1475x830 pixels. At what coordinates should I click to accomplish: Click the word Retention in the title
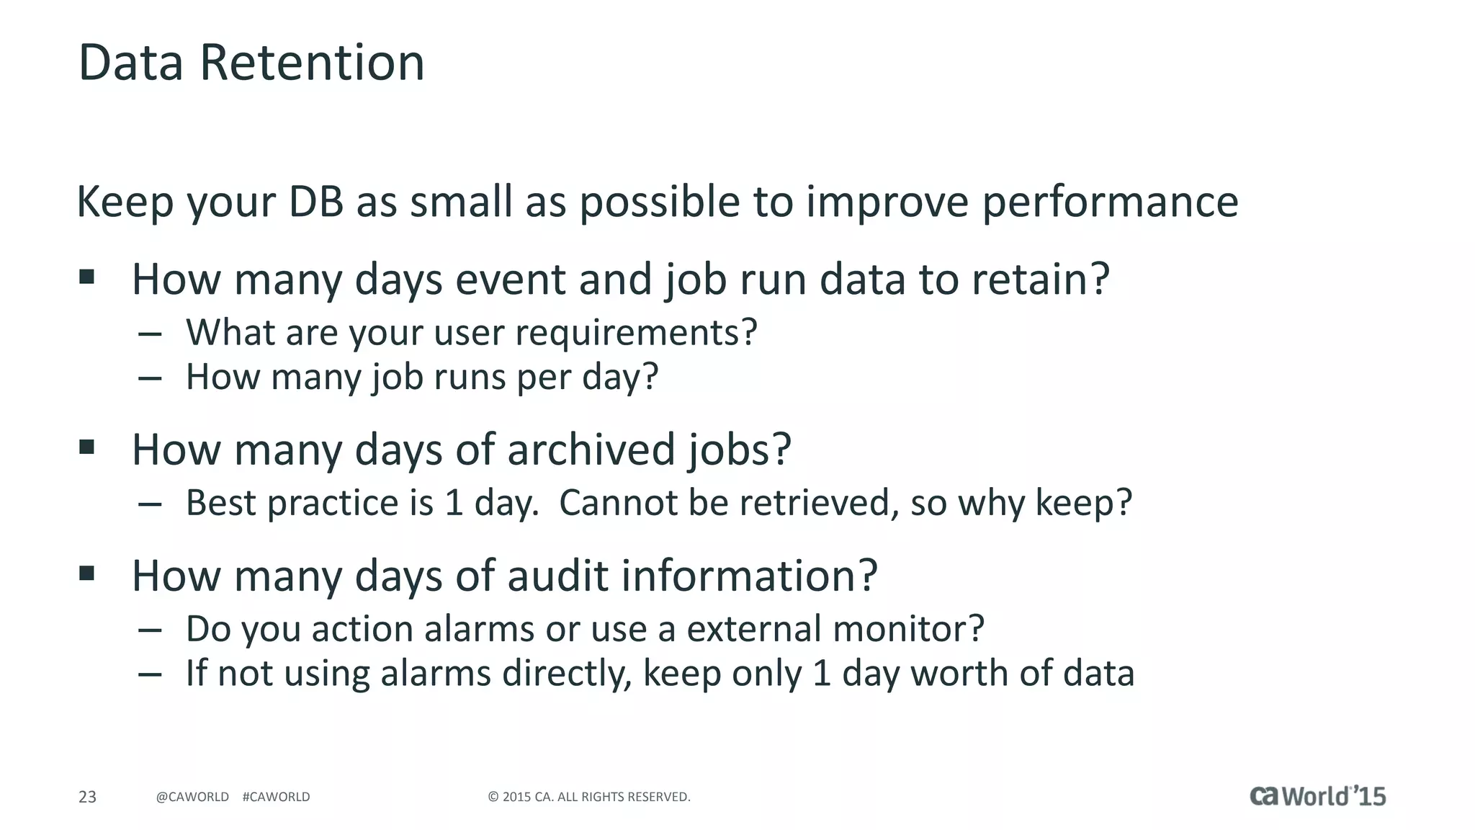(x=311, y=63)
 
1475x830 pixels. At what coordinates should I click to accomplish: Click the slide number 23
(x=87, y=797)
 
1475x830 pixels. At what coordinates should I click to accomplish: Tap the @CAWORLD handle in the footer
(x=192, y=797)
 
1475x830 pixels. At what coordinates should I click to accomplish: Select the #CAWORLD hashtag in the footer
(x=276, y=797)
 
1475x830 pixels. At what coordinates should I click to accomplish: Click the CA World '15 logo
(x=1317, y=795)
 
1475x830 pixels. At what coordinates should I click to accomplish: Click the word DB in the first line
(x=316, y=202)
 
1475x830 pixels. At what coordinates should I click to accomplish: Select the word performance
(x=1110, y=202)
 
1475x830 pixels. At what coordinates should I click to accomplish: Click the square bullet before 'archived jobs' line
(x=87, y=447)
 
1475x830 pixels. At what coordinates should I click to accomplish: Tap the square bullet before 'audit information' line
(x=87, y=574)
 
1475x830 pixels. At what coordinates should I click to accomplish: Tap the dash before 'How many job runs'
(x=150, y=378)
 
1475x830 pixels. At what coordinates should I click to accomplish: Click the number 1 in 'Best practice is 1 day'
(x=453, y=503)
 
